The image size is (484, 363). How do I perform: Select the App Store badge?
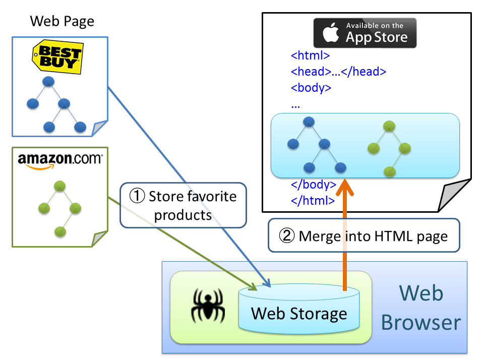pyautogui.click(x=365, y=33)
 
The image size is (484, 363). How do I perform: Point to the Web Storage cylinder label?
pyautogui.click(x=299, y=313)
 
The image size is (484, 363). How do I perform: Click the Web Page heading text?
pyautogui.click(x=62, y=21)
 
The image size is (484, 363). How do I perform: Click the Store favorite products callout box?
pyautogui.click(x=183, y=205)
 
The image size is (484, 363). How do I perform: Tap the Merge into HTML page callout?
pyautogui.click(x=364, y=235)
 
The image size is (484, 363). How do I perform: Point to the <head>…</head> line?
pyautogui.click(x=338, y=71)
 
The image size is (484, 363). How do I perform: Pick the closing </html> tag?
pyautogui.click(x=313, y=200)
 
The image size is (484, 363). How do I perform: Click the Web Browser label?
pyautogui.click(x=420, y=308)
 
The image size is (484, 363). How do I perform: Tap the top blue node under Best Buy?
pyautogui.click(x=48, y=81)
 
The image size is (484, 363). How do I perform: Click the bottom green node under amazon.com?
pyautogui.click(x=60, y=231)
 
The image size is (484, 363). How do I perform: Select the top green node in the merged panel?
pyautogui.click(x=388, y=126)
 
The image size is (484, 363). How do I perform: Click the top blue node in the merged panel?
pyautogui.click(x=309, y=122)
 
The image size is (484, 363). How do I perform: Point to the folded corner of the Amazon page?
pyautogui.click(x=99, y=238)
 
